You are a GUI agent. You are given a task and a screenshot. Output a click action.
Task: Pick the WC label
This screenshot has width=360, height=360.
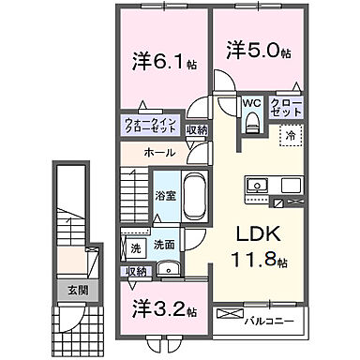pyautogui.click(x=251, y=102)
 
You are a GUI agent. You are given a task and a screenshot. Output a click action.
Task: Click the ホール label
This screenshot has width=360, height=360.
pyautogui.click(x=157, y=150)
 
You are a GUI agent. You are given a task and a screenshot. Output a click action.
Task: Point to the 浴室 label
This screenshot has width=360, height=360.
pyautogui.click(x=164, y=196)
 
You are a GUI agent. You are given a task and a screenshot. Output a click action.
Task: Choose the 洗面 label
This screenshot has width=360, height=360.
pyautogui.click(x=165, y=246)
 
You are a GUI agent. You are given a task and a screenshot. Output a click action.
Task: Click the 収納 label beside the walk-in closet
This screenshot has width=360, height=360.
pyautogui.click(x=196, y=130)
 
